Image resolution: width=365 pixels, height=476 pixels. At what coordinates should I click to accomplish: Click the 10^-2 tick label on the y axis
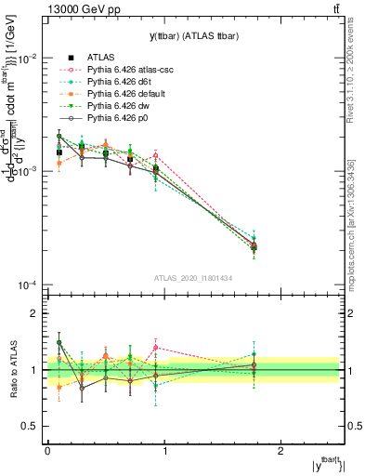25,59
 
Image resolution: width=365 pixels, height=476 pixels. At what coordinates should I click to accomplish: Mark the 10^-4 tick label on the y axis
25,285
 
